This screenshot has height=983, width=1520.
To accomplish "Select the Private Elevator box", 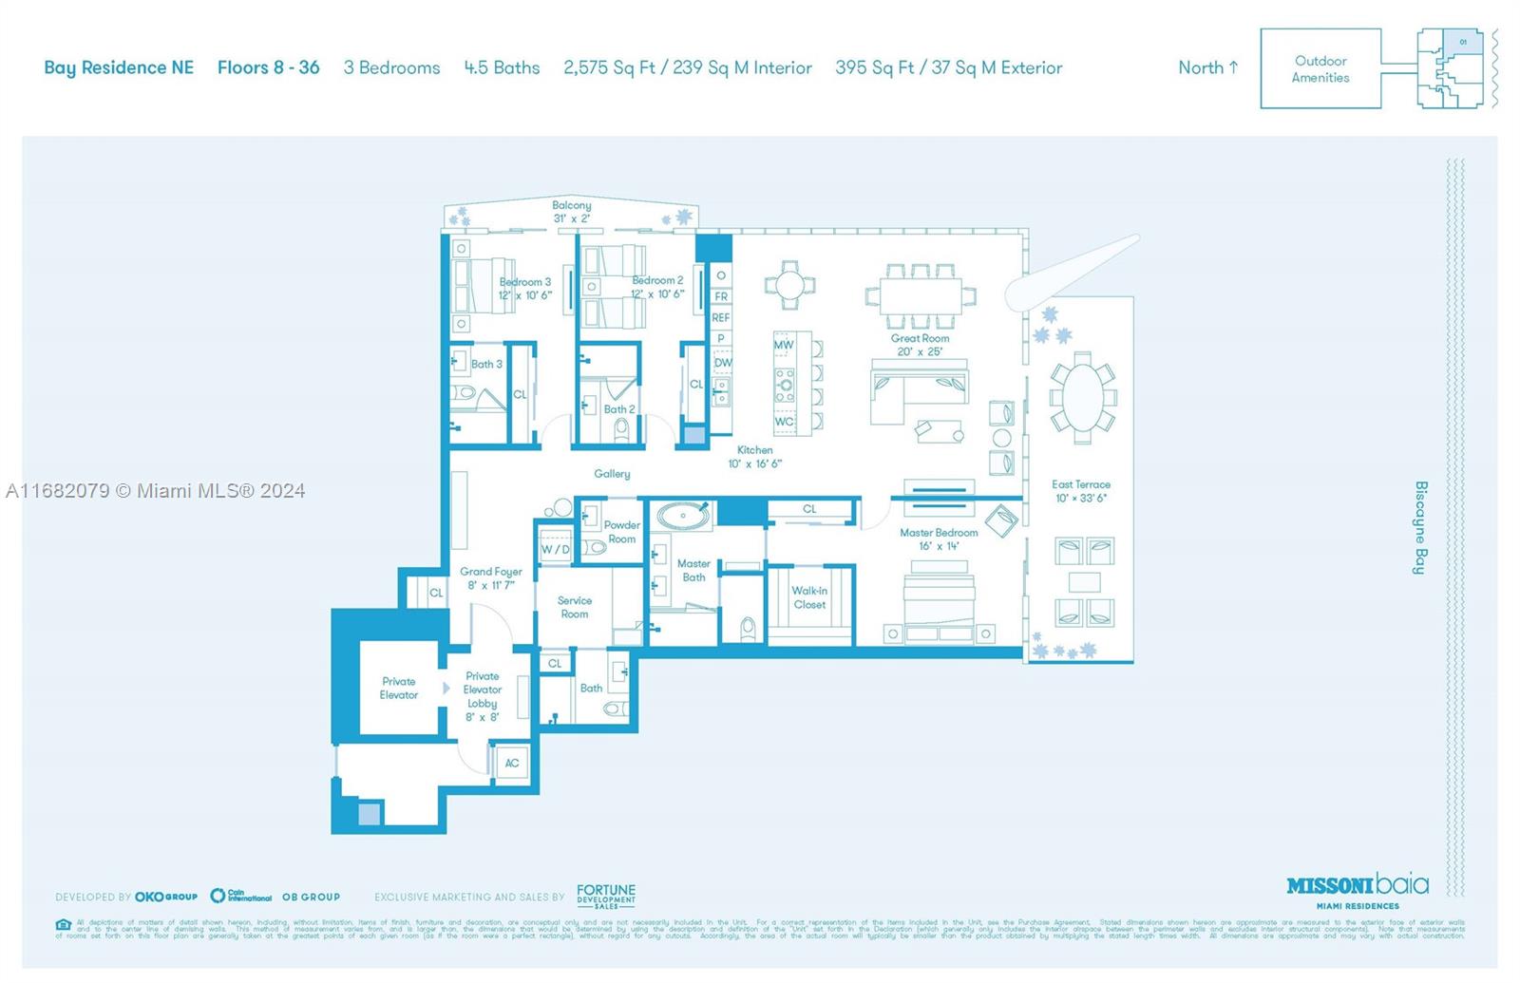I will tap(399, 688).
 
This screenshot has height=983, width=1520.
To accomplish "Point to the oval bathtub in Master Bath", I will tap(682, 518).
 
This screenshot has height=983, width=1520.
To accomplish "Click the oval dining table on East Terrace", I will tap(1082, 398).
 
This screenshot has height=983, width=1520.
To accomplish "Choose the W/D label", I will tap(555, 549).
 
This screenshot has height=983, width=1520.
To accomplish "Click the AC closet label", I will tap(512, 763).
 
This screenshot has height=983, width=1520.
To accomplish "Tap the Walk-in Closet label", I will tap(809, 597).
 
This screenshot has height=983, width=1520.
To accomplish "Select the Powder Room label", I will tap(622, 532).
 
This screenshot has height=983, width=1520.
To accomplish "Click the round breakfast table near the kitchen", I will tap(789, 284).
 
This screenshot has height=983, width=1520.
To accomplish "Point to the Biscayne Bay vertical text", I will tap(1420, 527).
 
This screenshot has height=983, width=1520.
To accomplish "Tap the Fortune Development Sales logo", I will tap(606, 896).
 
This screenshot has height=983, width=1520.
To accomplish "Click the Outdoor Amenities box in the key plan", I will tap(1320, 68).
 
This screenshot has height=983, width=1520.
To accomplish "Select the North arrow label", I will tap(1207, 67).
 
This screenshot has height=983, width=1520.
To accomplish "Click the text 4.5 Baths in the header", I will tap(502, 67).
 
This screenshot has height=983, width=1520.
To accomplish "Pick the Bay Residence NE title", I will tap(119, 67).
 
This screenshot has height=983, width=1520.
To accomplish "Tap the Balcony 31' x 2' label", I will tap(572, 211).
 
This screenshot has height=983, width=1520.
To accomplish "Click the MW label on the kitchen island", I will tap(783, 345).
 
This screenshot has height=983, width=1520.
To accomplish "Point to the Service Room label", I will tap(574, 607).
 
